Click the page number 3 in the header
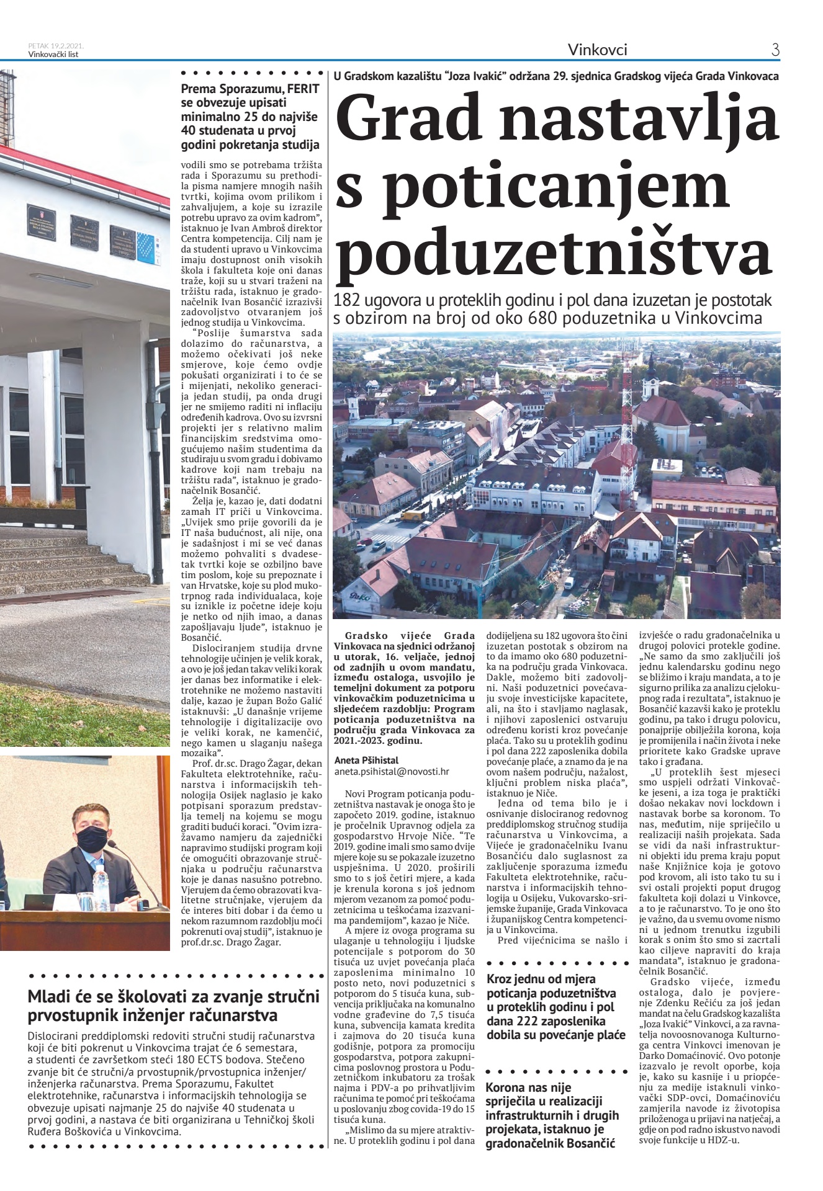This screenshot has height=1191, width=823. [775, 50]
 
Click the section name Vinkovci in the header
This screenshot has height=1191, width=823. [598, 50]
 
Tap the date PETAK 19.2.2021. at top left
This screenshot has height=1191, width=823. [56, 46]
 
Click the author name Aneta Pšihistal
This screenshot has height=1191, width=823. [366, 760]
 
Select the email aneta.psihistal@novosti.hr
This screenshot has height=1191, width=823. [392, 772]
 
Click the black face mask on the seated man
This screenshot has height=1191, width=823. [92, 841]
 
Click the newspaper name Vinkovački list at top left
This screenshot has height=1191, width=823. [53, 54]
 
